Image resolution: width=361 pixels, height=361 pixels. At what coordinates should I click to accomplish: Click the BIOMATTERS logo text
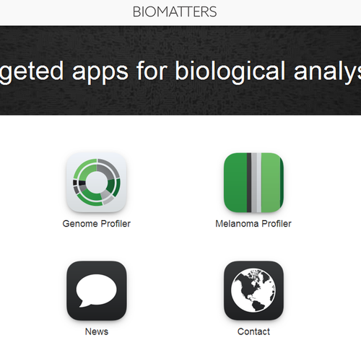(175, 12)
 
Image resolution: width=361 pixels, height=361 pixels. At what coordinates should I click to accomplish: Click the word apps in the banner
(100, 71)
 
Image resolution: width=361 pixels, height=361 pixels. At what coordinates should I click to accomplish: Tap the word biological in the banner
(230, 71)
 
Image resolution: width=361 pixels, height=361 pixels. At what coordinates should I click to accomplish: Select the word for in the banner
(152, 70)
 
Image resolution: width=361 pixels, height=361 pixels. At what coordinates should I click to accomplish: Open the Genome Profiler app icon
(97, 183)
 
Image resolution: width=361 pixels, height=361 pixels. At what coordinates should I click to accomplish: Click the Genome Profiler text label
(97, 224)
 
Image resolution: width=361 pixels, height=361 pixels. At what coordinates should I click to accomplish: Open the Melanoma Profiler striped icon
(253, 183)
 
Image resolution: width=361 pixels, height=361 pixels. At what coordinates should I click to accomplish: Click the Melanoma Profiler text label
(253, 224)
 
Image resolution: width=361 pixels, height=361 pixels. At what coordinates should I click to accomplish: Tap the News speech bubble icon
(97, 291)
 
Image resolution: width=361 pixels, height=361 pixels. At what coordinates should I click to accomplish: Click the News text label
(97, 331)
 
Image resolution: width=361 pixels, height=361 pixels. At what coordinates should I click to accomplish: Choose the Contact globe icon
(253, 291)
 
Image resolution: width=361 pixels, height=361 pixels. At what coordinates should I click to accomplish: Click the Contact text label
(253, 331)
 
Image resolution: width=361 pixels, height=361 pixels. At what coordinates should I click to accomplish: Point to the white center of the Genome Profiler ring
(96, 182)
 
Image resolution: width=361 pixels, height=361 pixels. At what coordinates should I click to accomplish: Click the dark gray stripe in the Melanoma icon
(249, 183)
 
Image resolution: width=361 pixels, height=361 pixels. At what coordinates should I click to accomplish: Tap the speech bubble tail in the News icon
(82, 304)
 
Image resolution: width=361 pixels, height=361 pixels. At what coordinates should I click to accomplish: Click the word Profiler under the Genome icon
(116, 224)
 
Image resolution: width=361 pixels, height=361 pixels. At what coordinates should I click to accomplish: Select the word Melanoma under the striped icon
(237, 224)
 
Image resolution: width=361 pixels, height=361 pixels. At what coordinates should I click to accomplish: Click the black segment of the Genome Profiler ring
(82, 183)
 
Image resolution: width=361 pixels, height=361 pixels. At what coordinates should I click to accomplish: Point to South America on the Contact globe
(258, 305)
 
